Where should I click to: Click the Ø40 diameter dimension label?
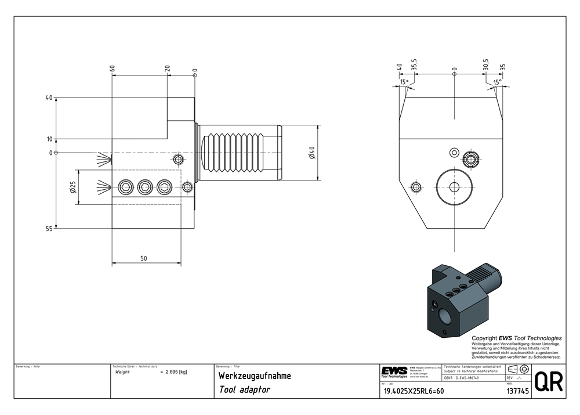[x=311, y=154]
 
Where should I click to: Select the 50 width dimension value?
[x=143, y=258]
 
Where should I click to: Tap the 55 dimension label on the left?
[x=49, y=229]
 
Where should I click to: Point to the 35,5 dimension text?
[x=414, y=64]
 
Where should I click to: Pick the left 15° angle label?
[x=404, y=82]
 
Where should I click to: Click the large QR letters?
[x=548, y=382]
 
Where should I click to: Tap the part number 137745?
[x=516, y=391]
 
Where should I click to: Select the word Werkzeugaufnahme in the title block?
[x=254, y=376]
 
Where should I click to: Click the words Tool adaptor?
[x=244, y=390]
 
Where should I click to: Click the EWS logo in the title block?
[x=394, y=371]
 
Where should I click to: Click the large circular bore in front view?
[x=455, y=186]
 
